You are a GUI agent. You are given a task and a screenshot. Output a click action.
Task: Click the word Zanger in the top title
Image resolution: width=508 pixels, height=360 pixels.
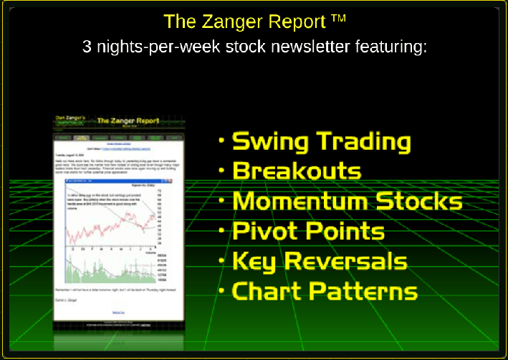pyautogui.click(x=233, y=22)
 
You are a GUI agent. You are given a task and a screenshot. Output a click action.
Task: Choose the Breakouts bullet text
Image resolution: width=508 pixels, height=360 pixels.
pyautogui.click(x=297, y=172)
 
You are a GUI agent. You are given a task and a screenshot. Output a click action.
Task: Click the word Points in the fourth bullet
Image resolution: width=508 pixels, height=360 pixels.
pyautogui.click(x=345, y=231)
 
